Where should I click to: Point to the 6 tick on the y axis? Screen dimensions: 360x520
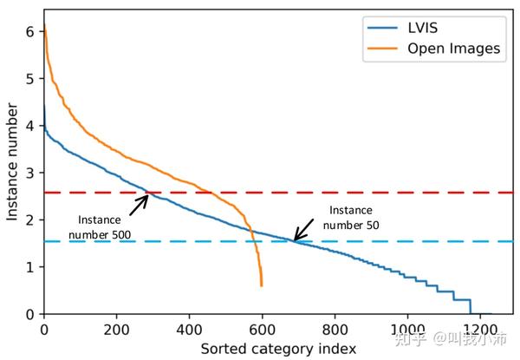(x=31, y=31)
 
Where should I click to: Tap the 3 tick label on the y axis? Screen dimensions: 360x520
(x=31, y=173)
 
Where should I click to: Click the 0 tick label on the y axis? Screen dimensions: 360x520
(x=31, y=314)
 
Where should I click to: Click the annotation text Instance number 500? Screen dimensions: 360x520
(x=99, y=227)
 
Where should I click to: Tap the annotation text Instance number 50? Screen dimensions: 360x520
(x=351, y=218)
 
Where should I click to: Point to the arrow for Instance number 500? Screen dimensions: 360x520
(x=140, y=204)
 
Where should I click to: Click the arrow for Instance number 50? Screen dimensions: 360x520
(x=305, y=229)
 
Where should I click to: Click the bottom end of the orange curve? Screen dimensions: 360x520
(x=261, y=285)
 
